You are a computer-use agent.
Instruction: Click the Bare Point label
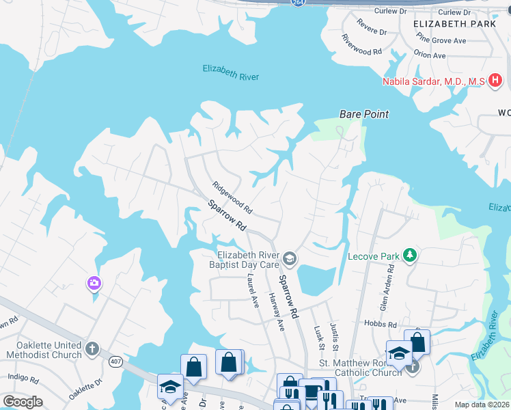(x=364, y=114)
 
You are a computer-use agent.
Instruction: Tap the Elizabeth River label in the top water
(x=231, y=72)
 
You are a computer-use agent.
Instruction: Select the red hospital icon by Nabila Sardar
(x=495, y=81)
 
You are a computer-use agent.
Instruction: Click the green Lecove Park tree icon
(x=410, y=256)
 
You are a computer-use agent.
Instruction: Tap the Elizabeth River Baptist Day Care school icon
(x=290, y=258)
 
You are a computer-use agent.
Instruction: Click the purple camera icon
(x=94, y=282)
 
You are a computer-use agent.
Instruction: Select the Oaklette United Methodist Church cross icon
(x=93, y=350)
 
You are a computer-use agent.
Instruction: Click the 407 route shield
(x=114, y=362)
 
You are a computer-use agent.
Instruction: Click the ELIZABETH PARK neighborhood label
(x=455, y=24)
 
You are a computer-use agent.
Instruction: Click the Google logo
(x=23, y=402)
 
